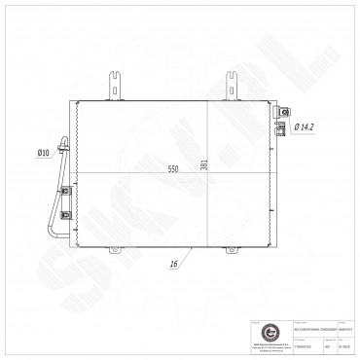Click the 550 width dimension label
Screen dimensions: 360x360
click(x=173, y=167)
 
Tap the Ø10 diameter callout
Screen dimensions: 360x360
click(x=43, y=152)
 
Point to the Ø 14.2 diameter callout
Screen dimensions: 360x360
click(x=305, y=126)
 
